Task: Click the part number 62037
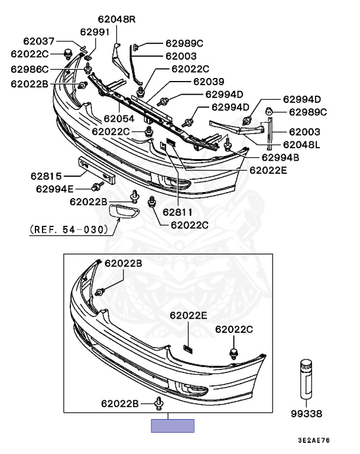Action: pos(39,41)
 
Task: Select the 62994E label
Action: pos(55,189)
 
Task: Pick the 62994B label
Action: pos(280,157)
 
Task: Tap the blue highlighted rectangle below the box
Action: pos(172,426)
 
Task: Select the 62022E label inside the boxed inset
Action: pos(188,316)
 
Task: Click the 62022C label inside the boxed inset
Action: pos(233,329)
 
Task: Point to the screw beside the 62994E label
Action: pos(95,188)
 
